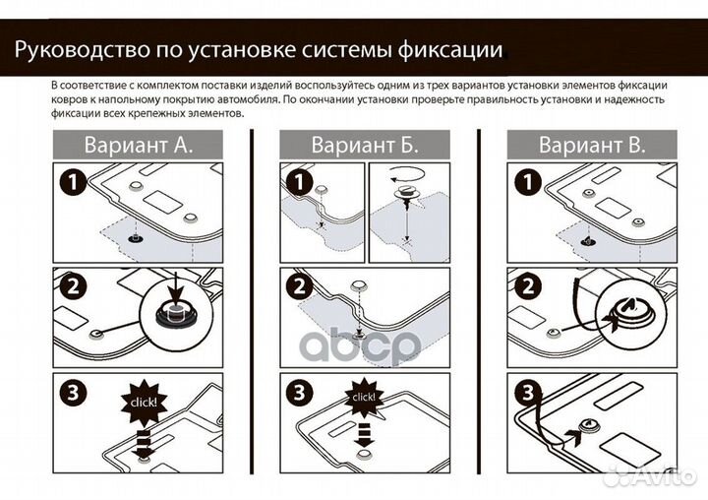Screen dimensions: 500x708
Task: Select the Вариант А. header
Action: [138, 145]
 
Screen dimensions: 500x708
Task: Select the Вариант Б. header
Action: [365, 145]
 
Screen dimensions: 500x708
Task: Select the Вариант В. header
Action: [592, 145]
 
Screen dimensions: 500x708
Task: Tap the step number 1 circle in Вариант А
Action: [70, 181]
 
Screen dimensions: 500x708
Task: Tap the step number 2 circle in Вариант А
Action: [70, 287]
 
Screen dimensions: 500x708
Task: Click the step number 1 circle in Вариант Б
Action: [297, 181]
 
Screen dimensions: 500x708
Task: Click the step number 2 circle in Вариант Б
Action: [297, 287]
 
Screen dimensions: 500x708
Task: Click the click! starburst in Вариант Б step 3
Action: [364, 396]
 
